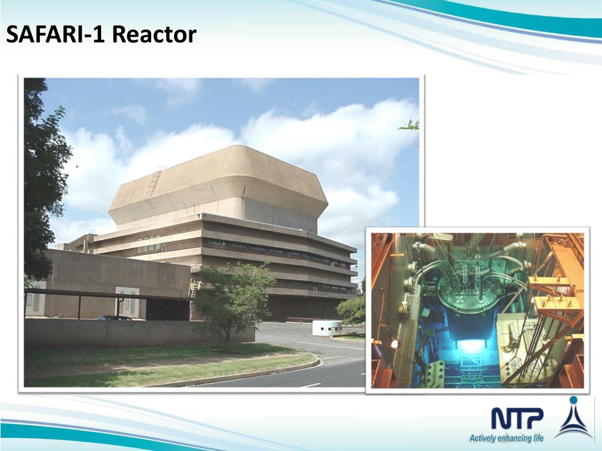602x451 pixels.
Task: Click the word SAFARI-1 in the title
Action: click(x=56, y=35)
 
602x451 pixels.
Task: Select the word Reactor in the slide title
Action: click(x=154, y=35)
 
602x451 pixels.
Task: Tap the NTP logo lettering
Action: click(x=517, y=418)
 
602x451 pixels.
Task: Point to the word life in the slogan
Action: click(x=537, y=438)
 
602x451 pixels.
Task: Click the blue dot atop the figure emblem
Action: click(x=573, y=402)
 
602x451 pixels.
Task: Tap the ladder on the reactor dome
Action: click(x=155, y=181)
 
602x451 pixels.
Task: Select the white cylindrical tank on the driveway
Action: click(x=326, y=328)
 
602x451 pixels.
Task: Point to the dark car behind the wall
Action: click(x=115, y=318)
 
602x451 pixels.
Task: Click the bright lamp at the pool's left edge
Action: click(x=394, y=344)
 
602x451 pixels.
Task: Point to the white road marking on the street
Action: click(x=310, y=385)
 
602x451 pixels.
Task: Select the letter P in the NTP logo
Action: click(x=534, y=418)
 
